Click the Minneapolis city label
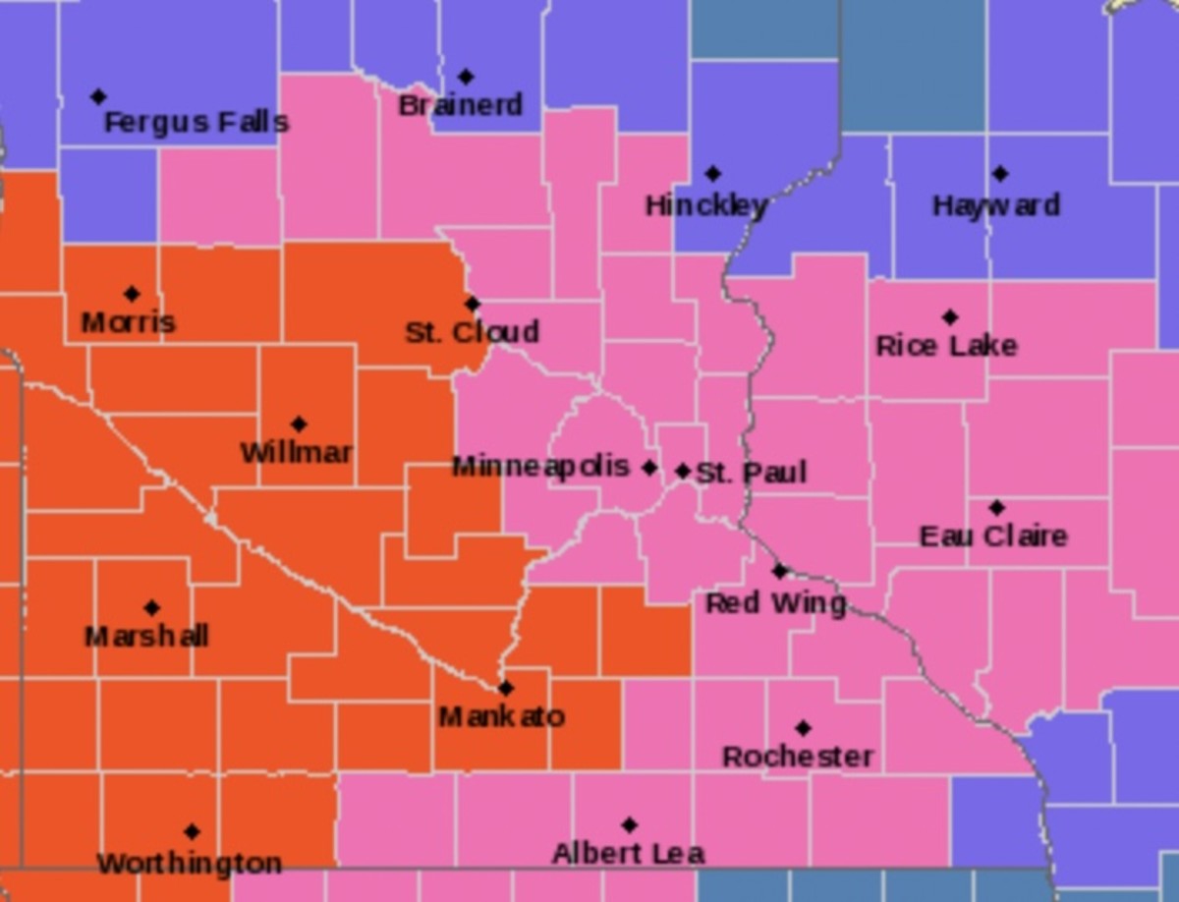click(540, 467)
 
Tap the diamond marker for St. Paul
click(683, 472)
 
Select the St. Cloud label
click(472, 332)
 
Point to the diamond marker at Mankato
click(505, 688)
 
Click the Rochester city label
click(798, 757)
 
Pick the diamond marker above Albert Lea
click(629, 825)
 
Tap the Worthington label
click(190, 864)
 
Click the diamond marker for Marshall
click(151, 608)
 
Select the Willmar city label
click(296, 453)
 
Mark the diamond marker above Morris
click(132, 294)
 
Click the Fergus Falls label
click(196, 123)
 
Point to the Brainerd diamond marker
click(466, 77)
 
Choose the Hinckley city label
click(705, 205)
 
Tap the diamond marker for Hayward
click(999, 174)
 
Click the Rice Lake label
click(946, 346)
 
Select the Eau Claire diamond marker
click(996, 508)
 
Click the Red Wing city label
click(776, 603)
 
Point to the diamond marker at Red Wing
click(779, 571)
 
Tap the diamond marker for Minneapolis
click(648, 468)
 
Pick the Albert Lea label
click(628, 854)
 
